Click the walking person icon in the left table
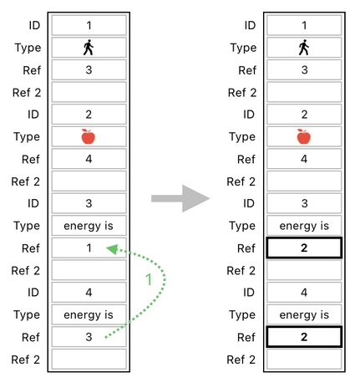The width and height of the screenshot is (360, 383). pyautogui.click(x=89, y=48)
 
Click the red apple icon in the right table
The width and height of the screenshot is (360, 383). pyautogui.click(x=303, y=136)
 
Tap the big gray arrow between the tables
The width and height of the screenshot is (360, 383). pyautogui.click(x=180, y=198)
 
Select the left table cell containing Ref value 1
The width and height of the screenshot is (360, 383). pyautogui.click(x=89, y=248)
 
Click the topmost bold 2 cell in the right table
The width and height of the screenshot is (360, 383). pyautogui.click(x=303, y=248)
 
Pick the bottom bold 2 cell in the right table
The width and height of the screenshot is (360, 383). pyautogui.click(x=303, y=337)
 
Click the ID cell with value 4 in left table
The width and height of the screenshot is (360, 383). pyautogui.click(x=89, y=293)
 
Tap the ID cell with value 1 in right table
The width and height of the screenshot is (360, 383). pyautogui.click(x=303, y=26)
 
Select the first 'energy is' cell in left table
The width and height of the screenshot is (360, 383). pyautogui.click(x=89, y=226)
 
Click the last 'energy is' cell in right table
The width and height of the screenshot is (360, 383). pyautogui.click(x=303, y=314)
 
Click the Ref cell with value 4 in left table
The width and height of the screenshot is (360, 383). pyautogui.click(x=89, y=159)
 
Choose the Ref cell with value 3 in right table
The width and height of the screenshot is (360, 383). pyautogui.click(x=303, y=70)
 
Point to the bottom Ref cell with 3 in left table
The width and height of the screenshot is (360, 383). pyautogui.click(x=89, y=337)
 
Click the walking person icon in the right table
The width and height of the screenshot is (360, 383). pyautogui.click(x=303, y=48)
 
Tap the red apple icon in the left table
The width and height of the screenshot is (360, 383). pyautogui.click(x=89, y=136)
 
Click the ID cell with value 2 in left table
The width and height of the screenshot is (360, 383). pyautogui.click(x=89, y=115)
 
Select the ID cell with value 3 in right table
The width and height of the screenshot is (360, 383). pyautogui.click(x=303, y=203)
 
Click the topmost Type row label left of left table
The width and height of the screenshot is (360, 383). pyautogui.click(x=28, y=48)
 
